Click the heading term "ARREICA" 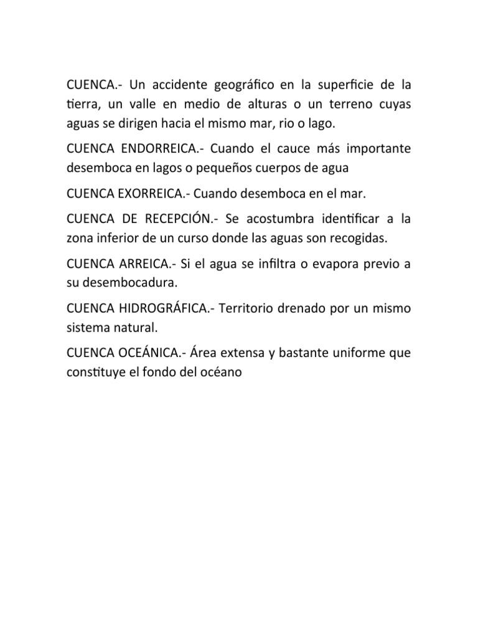click(146, 265)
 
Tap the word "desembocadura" click(130, 283)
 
